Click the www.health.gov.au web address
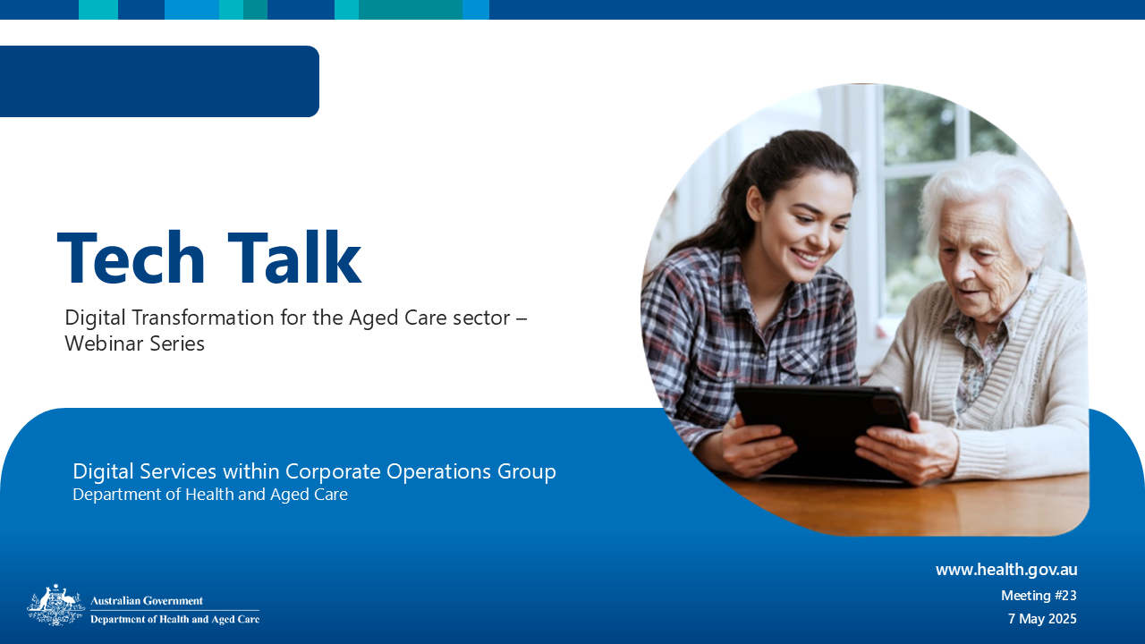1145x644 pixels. click(x=1006, y=570)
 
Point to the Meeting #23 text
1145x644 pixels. click(x=1039, y=596)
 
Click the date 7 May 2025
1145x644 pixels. click(x=1042, y=619)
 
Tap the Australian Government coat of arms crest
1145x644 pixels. click(x=55, y=606)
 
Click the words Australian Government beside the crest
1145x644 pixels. click(x=147, y=601)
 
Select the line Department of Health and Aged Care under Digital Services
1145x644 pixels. click(x=210, y=495)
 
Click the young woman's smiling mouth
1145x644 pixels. click(x=808, y=258)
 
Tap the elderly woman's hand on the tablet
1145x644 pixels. click(x=903, y=447)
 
